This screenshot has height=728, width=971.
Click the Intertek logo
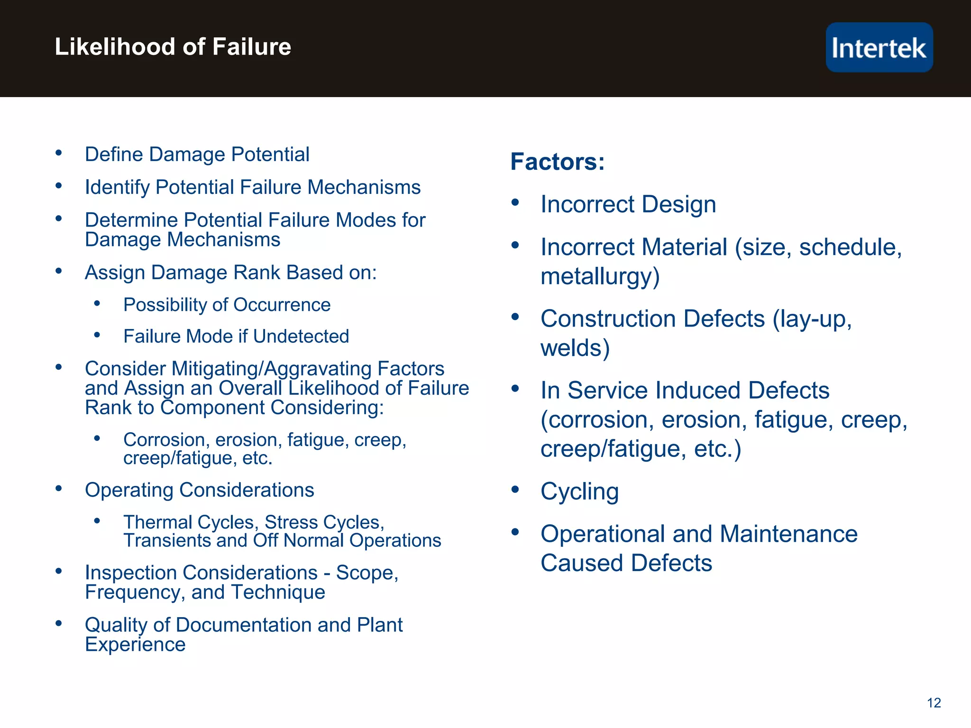[x=879, y=47]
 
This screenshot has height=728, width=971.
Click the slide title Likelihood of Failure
[x=173, y=47]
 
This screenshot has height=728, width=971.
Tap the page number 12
[x=934, y=703]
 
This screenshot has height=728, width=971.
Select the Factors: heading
[x=558, y=162]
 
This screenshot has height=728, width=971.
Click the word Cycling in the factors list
[x=579, y=491]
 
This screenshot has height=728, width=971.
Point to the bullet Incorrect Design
[x=628, y=204]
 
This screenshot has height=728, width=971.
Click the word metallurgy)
[x=600, y=276]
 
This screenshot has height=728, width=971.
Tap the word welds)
[x=575, y=348]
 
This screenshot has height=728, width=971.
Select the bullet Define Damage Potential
[x=197, y=155]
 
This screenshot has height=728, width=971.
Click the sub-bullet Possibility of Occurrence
[x=227, y=305]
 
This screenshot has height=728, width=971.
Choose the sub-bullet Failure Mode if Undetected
[x=236, y=337]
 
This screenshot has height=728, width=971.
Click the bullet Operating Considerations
[x=199, y=490]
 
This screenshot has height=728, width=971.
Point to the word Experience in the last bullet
[x=135, y=645]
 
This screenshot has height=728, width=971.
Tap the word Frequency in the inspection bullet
[x=135, y=592]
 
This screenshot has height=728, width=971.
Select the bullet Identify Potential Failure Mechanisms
[x=253, y=187]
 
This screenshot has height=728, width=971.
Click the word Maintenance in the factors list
[x=788, y=534]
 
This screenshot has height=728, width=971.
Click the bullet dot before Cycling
[x=515, y=490]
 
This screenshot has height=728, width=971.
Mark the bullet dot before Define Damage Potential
[x=59, y=153]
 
